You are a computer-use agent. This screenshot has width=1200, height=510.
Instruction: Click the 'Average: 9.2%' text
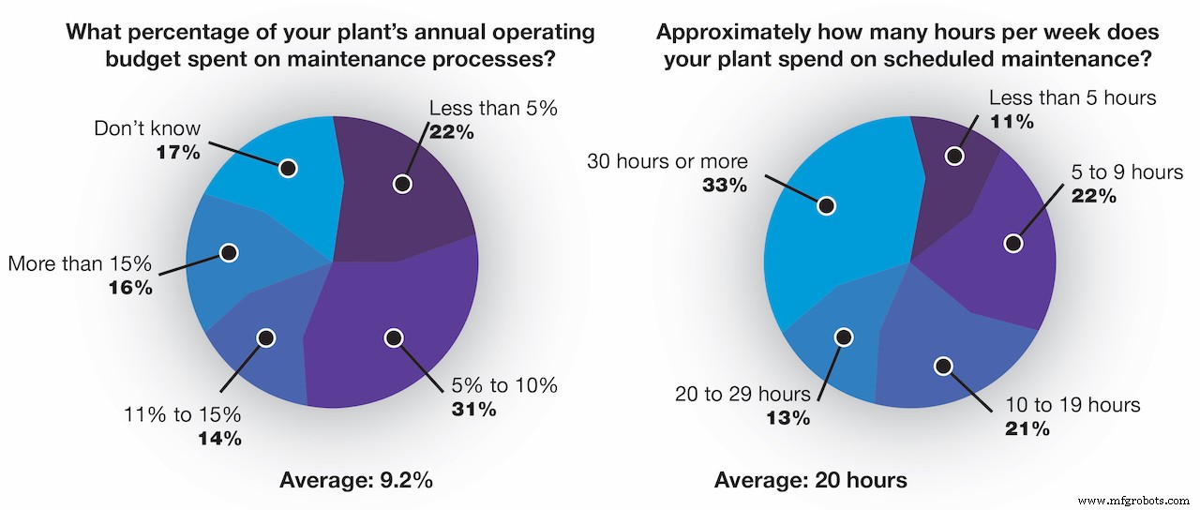[356, 480]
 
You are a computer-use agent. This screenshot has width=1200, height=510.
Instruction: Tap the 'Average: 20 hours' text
[810, 480]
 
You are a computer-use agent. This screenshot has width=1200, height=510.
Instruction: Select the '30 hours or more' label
[667, 160]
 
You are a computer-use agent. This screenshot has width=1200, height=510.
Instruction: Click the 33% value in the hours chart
[725, 185]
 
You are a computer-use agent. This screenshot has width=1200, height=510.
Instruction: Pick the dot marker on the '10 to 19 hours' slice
[943, 366]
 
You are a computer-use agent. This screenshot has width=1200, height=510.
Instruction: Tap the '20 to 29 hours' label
[738, 394]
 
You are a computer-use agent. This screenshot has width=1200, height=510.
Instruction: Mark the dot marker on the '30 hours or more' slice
[826, 205]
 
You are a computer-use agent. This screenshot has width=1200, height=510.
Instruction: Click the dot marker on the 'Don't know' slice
[288, 168]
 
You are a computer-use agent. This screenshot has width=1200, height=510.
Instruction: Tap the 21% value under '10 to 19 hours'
[1027, 428]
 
